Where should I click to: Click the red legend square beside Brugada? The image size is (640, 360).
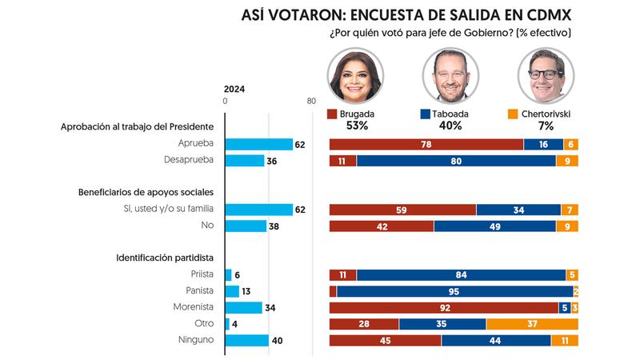(333, 114)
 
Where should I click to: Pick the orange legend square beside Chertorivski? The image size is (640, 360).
(514, 114)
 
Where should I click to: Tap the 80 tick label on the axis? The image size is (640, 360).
(311, 102)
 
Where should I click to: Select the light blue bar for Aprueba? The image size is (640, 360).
(259, 144)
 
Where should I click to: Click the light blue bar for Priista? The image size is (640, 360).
(229, 274)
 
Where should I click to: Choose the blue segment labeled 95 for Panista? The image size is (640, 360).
(454, 291)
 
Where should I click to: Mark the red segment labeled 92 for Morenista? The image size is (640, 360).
(443, 307)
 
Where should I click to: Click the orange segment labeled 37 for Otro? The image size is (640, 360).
(532, 324)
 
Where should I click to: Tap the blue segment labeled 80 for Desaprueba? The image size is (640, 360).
(456, 161)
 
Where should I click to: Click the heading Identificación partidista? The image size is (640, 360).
(165, 258)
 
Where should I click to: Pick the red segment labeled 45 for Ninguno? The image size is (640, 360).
(385, 341)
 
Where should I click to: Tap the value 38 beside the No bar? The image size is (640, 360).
(274, 226)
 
